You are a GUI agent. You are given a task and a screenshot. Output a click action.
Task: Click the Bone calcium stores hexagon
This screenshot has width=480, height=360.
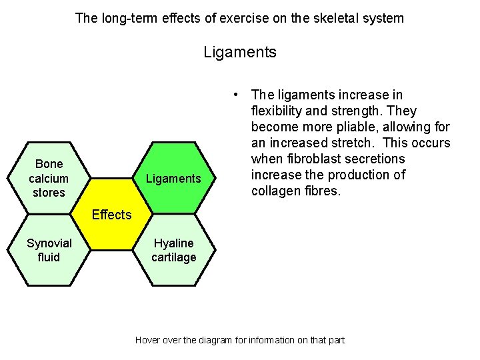(49, 178)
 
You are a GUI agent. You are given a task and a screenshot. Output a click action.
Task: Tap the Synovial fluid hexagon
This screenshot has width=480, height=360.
(49, 250)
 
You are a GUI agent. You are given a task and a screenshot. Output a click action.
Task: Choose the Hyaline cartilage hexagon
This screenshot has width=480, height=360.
(173, 250)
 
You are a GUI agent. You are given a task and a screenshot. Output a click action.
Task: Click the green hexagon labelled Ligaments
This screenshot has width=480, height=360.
(173, 178)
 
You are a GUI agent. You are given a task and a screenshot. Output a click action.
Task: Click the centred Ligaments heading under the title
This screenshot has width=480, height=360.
(240, 52)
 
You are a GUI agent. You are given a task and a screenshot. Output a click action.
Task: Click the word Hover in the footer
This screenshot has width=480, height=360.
(148, 340)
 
